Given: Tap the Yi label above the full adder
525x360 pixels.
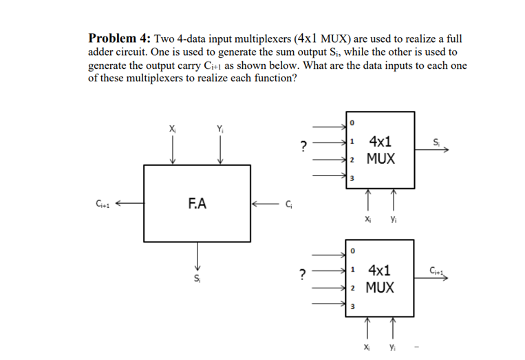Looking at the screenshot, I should (219, 127).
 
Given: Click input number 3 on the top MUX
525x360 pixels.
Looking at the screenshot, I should (352, 179).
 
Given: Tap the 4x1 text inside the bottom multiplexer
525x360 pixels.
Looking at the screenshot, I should (381, 269).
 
